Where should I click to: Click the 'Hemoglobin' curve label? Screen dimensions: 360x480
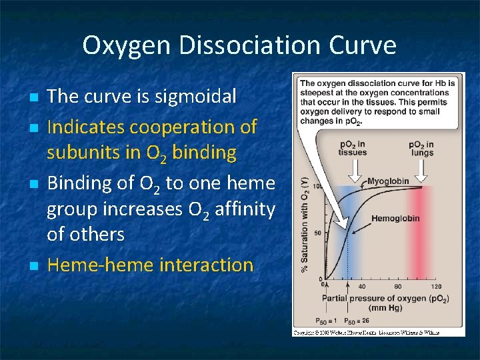pos(395,218)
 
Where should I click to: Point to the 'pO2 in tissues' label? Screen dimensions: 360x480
pos(352,148)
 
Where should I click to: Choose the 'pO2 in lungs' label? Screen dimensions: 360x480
pos(421,148)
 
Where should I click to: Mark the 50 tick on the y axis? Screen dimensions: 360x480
pos(318,233)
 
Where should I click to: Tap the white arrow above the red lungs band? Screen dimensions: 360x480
pos(421,171)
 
